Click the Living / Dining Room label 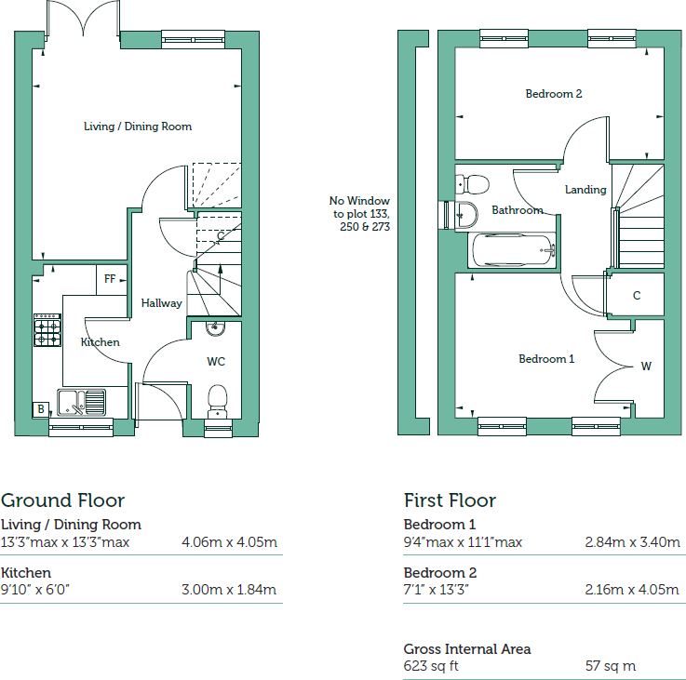[138, 127]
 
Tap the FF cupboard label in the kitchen [110, 279]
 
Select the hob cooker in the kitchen [47, 329]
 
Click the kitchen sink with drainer [82, 402]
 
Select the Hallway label [161, 303]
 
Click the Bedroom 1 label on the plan [546, 359]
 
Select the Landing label [585, 190]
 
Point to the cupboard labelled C [637, 296]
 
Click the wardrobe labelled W [645, 366]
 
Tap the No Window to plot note [359, 213]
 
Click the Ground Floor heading [62, 500]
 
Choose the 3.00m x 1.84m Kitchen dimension [229, 590]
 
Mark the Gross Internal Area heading [467, 649]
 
